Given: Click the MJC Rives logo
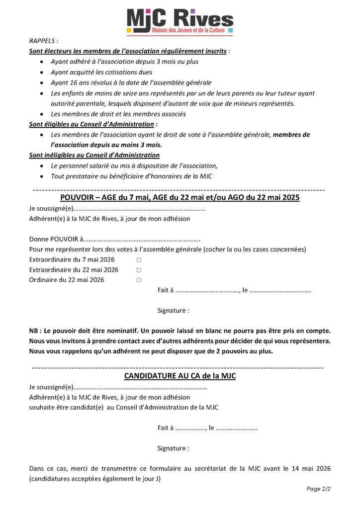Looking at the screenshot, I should click(180, 21).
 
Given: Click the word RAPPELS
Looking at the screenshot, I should click(43, 41).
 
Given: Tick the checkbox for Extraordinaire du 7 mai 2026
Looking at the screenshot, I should click(139, 260).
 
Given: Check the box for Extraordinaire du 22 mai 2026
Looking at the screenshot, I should click(139, 270).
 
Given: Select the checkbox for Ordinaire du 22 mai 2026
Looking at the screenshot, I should click(139, 280).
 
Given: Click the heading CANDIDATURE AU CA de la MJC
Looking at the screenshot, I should click(180, 376).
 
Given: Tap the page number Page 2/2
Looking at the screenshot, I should click(319, 489).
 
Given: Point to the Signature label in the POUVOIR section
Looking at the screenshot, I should click(173, 311).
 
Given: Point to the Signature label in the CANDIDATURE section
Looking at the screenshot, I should click(173, 448).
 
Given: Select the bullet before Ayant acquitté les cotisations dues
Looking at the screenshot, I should click(41, 73).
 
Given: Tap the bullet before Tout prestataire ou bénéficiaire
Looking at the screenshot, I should click(41, 176).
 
